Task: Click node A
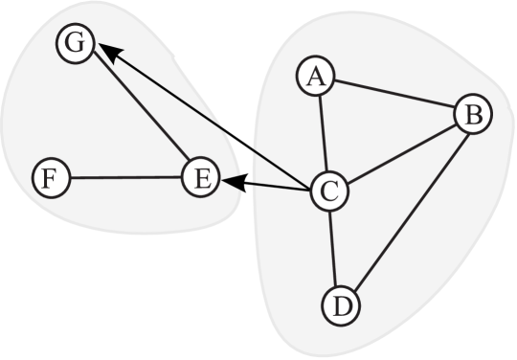tap(314, 78)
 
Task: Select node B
tap(472, 115)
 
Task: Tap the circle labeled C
tap(329, 191)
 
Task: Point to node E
tap(200, 177)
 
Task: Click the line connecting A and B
tap(393, 96)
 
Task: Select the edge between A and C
tap(322, 134)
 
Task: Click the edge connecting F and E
tap(124, 177)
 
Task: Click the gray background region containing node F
tap(57, 115)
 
